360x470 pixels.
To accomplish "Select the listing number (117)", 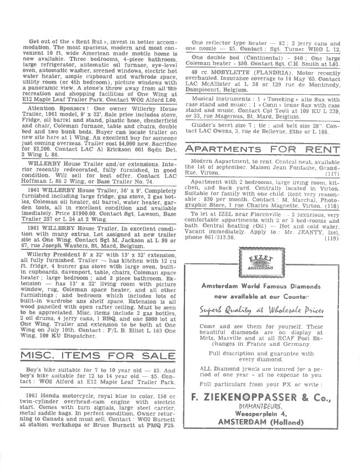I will click(331, 173).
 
